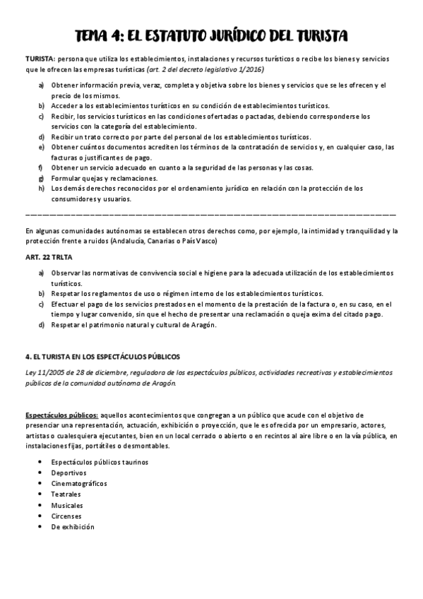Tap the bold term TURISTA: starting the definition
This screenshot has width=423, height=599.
(40, 59)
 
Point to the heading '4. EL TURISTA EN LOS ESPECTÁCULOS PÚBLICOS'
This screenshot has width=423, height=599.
(103, 357)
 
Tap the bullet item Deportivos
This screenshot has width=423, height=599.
(68, 473)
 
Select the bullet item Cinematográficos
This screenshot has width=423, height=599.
(79, 483)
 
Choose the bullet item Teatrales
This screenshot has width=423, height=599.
(67, 494)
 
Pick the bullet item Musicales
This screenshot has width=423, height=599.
(67, 505)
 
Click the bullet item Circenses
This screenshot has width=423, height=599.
(66, 516)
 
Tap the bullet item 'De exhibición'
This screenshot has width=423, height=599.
(73, 527)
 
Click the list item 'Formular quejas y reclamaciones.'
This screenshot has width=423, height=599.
(105, 178)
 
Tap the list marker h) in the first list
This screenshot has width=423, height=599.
(42, 189)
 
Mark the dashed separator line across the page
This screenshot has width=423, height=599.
(210, 214)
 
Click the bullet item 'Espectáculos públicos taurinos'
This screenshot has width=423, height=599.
(100, 462)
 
